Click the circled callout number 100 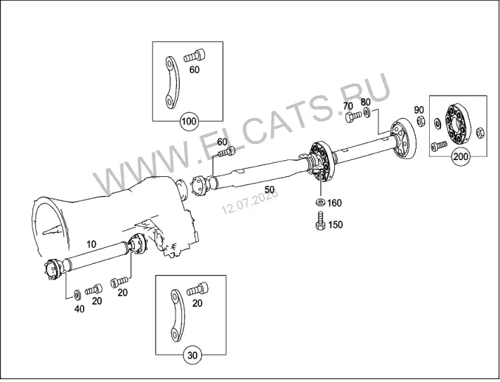(189, 121)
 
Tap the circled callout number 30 (192, 355)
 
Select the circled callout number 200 (461, 157)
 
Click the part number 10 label (91, 244)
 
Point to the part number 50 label (270, 190)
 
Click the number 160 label (334, 203)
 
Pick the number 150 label (335, 225)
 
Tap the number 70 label (348, 106)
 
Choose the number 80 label (365, 103)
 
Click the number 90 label (419, 110)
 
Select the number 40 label (79, 309)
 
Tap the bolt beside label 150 (320, 220)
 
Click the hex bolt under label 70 (353, 117)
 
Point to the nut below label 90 (421, 121)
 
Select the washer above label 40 (77, 295)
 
